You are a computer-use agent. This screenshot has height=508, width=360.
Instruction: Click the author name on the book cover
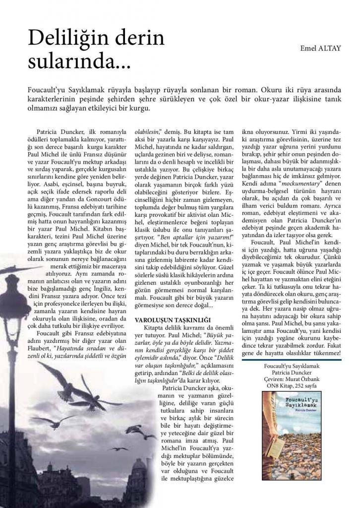281,411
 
